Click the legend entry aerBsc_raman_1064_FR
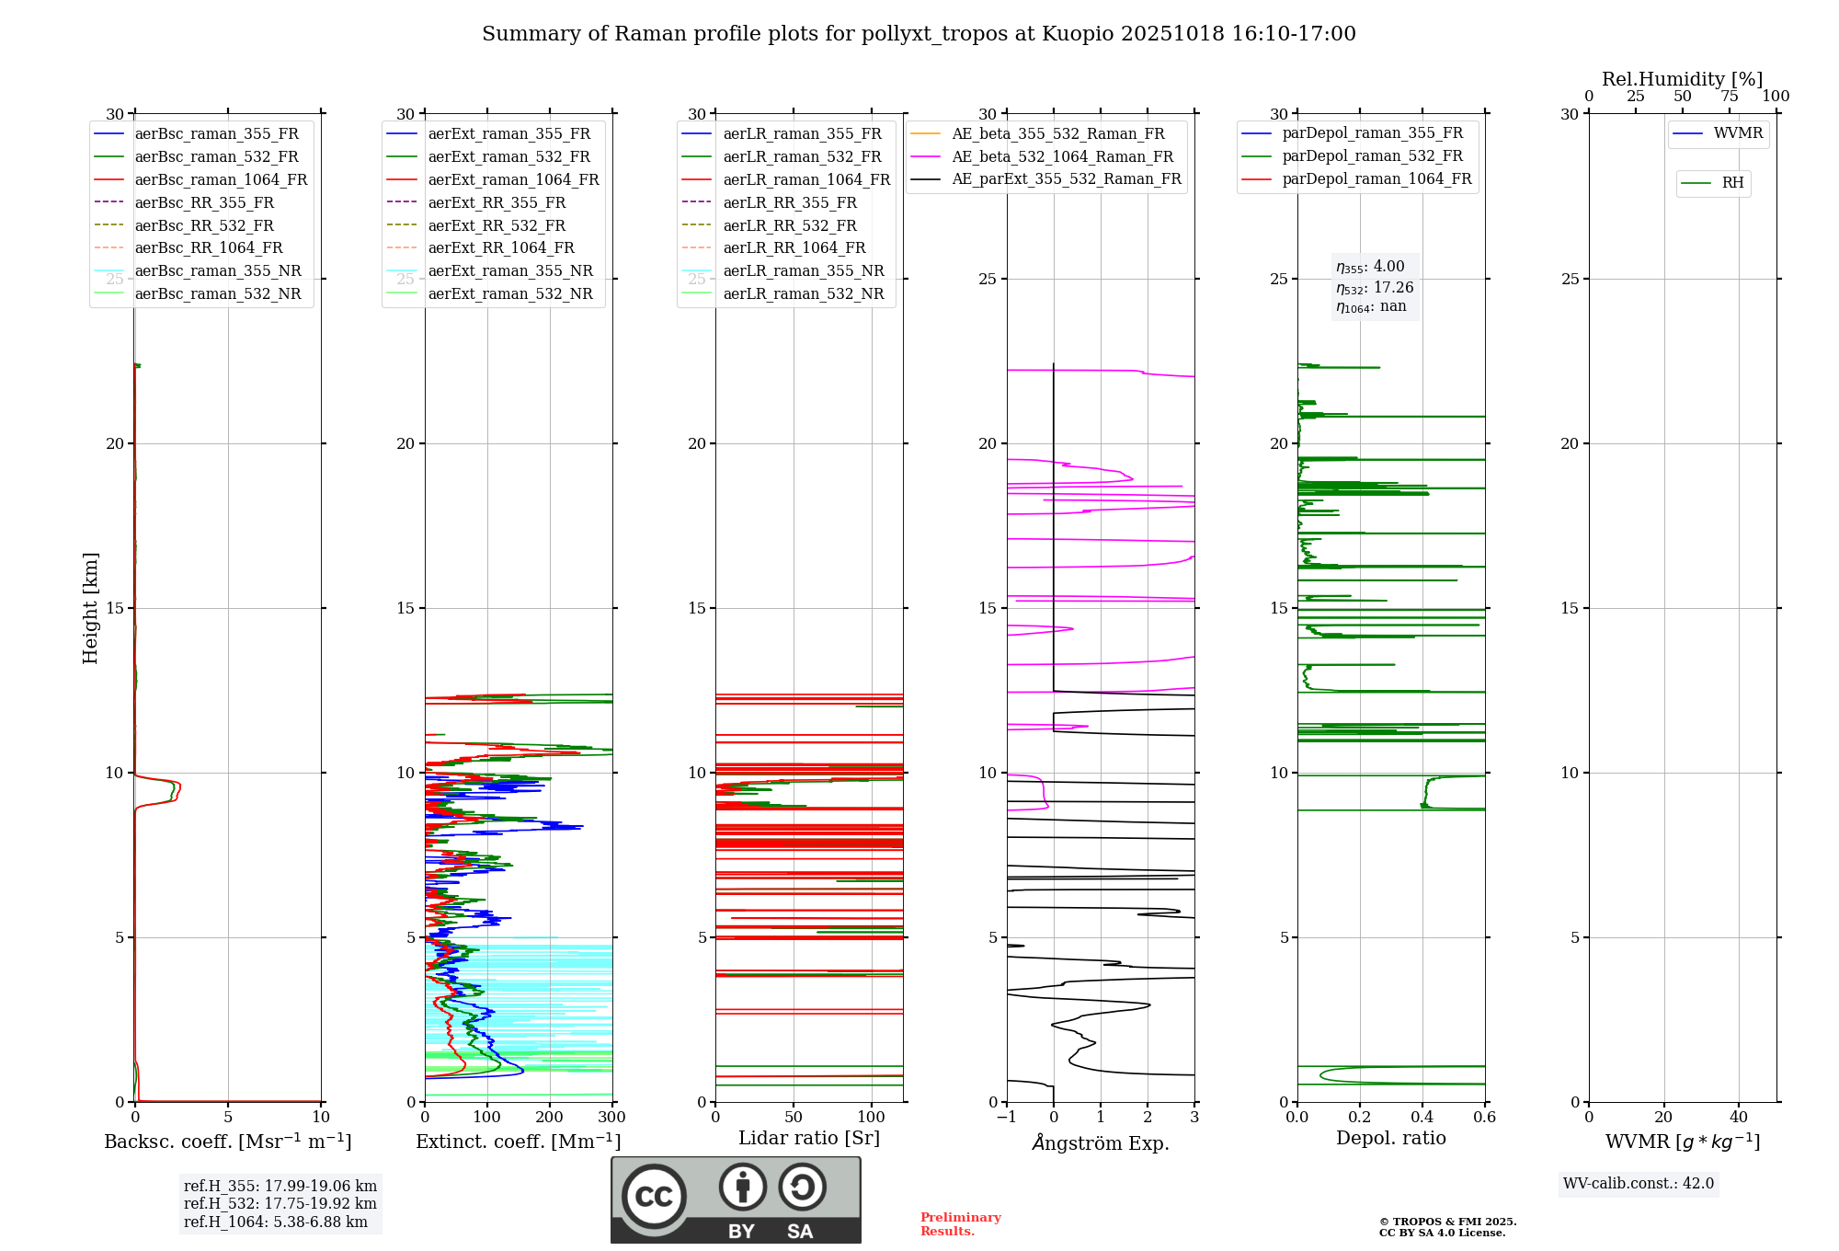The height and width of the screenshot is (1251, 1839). tap(221, 180)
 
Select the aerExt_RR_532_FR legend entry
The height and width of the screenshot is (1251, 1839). tap(497, 226)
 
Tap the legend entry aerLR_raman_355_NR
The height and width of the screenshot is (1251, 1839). tap(803, 271)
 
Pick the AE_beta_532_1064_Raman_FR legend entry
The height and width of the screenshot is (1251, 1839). tap(1062, 157)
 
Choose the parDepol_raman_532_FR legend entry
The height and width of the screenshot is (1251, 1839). tap(1372, 156)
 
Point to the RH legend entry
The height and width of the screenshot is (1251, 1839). tap(1732, 183)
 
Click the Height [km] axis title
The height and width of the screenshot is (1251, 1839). tap(90, 608)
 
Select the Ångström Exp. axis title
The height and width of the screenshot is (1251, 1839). tap(1101, 1143)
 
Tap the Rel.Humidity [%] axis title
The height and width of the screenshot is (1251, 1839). tap(1682, 79)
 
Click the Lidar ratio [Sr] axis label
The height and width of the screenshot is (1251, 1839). tap(809, 1139)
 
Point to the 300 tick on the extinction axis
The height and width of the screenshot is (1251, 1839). tap(612, 1118)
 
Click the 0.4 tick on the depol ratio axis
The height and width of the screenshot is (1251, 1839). tap(1422, 1118)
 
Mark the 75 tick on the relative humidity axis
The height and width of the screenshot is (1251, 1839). tap(1730, 97)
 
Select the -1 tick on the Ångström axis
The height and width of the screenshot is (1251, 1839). tap(1007, 1118)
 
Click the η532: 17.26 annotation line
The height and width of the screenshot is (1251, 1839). tap(1375, 288)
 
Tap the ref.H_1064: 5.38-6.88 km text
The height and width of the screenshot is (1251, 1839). tap(276, 1222)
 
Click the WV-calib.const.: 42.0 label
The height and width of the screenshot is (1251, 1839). tap(1639, 1184)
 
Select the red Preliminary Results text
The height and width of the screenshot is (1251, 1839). tap(960, 1224)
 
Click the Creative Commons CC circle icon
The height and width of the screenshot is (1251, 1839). tap(654, 1197)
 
